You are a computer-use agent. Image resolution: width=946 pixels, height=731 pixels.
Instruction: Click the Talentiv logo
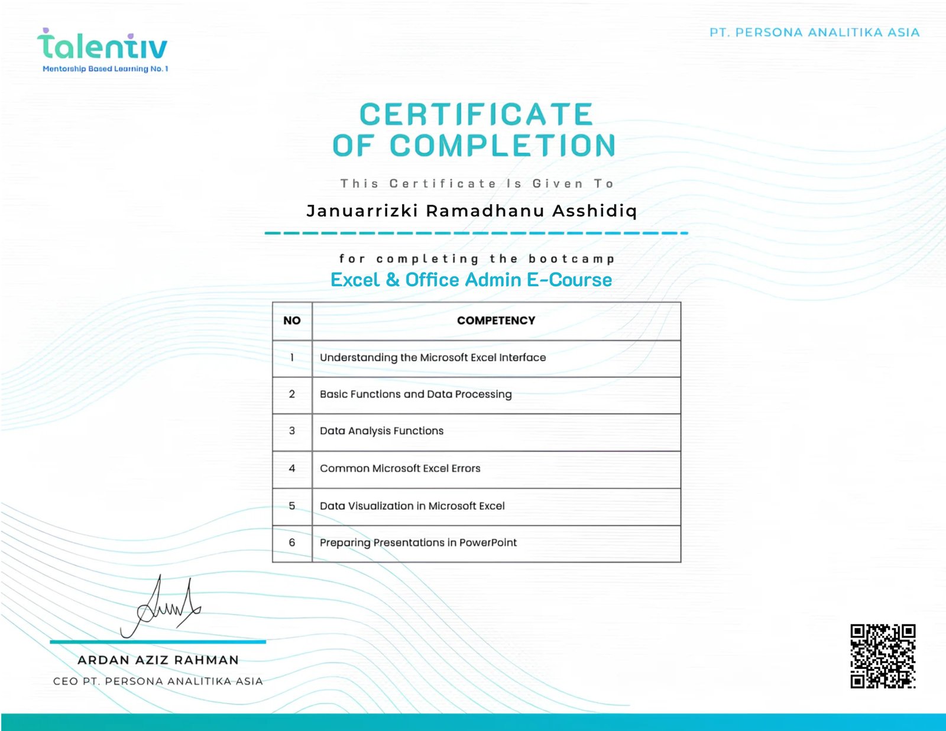pyautogui.click(x=102, y=46)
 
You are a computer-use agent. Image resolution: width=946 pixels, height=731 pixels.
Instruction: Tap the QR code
pyautogui.click(x=883, y=656)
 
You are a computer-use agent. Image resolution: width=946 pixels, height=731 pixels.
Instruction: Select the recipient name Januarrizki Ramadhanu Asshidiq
pyautogui.click(x=472, y=211)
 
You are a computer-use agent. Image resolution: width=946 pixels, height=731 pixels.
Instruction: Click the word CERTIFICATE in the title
pyautogui.click(x=476, y=114)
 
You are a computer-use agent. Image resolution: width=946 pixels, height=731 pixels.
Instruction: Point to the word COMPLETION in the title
pyautogui.click(x=503, y=145)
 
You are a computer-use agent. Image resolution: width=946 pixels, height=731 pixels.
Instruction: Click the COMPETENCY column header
pyautogui.click(x=495, y=321)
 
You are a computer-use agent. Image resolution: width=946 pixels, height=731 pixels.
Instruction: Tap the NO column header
pyautogui.click(x=291, y=321)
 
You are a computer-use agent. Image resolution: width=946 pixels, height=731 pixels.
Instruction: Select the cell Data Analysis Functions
pyautogui.click(x=381, y=431)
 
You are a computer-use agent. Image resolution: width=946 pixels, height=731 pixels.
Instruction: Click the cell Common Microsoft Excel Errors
pyautogui.click(x=400, y=468)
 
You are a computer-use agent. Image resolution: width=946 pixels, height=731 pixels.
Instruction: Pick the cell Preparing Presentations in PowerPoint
pyautogui.click(x=418, y=543)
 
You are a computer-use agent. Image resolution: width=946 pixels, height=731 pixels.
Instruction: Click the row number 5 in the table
pyautogui.click(x=291, y=506)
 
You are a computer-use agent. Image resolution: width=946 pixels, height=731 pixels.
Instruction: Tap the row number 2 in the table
pyautogui.click(x=291, y=394)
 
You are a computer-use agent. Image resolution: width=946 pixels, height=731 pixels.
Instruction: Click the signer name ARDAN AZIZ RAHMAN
pyautogui.click(x=158, y=660)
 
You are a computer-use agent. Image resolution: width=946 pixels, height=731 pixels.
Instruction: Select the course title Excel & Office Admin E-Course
pyautogui.click(x=471, y=280)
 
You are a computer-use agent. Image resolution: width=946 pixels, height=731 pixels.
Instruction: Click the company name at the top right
pyautogui.click(x=814, y=33)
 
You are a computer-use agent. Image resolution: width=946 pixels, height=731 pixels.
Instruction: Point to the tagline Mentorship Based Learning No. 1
pyautogui.click(x=105, y=69)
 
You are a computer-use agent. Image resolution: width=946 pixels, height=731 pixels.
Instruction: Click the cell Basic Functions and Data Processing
pyautogui.click(x=416, y=394)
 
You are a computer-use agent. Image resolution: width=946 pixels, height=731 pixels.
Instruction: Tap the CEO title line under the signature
pyautogui.click(x=158, y=681)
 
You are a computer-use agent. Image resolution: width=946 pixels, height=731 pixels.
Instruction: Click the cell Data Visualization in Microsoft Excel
pyautogui.click(x=412, y=506)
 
